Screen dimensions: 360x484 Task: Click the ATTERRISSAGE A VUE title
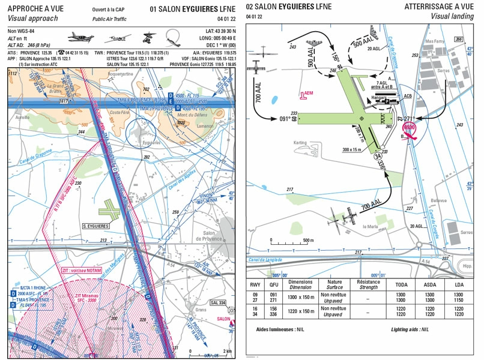[438, 7]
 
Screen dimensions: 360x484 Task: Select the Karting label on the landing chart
[300, 143]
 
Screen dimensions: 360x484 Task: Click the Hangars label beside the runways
[380, 96]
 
